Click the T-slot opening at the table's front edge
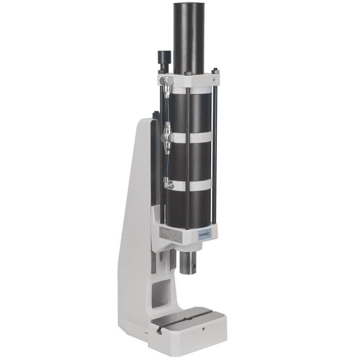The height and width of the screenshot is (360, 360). [159, 331]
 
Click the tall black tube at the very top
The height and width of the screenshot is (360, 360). [188, 37]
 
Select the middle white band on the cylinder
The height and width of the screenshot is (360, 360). [192, 137]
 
